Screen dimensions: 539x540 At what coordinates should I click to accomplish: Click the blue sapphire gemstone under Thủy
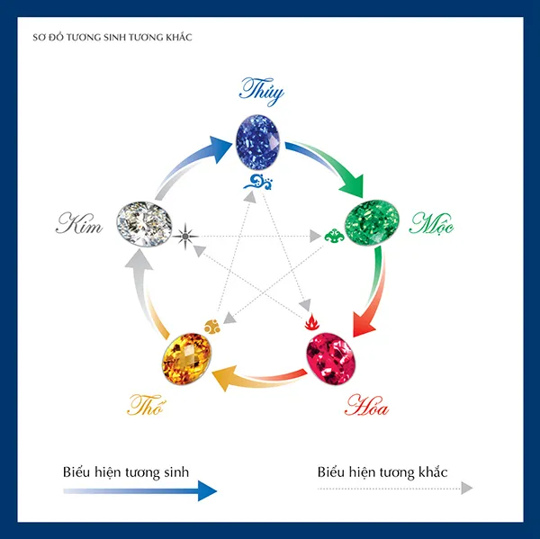coord(260,141)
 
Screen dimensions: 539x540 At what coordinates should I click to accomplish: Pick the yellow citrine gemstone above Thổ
coord(186,358)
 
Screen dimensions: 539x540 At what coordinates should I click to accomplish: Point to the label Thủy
coord(261,90)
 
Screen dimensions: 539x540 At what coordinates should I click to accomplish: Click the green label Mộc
coord(432,221)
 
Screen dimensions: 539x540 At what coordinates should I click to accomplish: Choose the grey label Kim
coord(79,224)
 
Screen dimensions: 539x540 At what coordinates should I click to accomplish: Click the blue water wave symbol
coord(259,185)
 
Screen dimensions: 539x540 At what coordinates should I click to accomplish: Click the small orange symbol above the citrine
coord(214,322)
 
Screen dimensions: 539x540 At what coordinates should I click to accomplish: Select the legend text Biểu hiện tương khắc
coord(382,471)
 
